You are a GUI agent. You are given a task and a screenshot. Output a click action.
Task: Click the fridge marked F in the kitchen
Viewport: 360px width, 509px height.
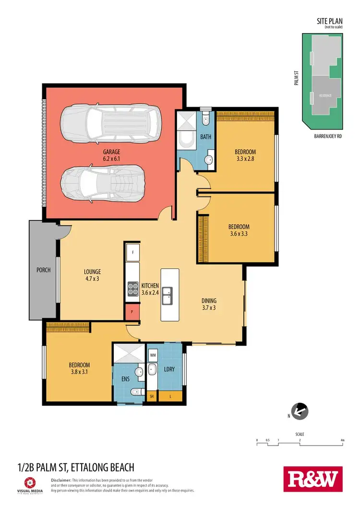coord(132,252)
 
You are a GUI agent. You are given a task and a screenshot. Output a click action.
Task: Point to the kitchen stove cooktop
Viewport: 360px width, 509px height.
coord(132,287)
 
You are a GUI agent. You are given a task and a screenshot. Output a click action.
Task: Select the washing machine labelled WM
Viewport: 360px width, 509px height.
coord(153,355)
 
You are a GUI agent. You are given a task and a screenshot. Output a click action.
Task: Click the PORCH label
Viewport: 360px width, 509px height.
coord(44,270)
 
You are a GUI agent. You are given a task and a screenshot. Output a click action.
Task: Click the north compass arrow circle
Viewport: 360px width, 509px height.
coord(300,411)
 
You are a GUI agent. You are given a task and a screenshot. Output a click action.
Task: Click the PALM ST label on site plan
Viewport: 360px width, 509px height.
coord(297,78)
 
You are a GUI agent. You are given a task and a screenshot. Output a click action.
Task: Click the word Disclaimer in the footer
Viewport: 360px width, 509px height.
coord(61,480)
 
